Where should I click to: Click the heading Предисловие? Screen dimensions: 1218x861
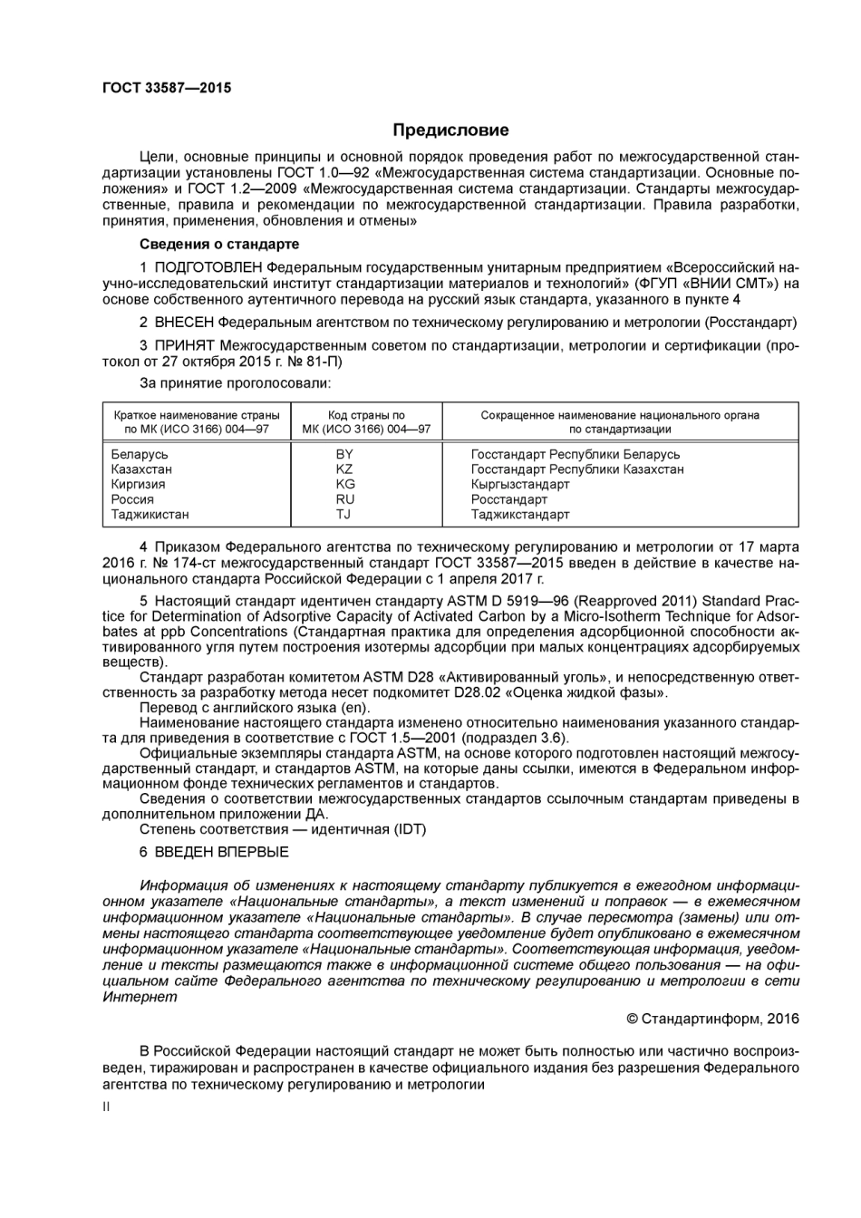pos(450,130)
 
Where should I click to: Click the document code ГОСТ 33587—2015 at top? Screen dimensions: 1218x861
pos(167,88)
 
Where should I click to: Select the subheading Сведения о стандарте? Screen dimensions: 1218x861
pos(219,244)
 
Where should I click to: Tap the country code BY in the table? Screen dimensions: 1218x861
pos(344,454)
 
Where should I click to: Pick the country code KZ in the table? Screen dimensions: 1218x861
pos(344,469)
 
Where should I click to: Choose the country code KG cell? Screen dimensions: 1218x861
pos(344,484)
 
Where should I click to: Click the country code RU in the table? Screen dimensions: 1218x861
pos(344,499)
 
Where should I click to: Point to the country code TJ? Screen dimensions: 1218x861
pos(343,514)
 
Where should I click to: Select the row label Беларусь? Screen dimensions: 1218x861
pos(140,454)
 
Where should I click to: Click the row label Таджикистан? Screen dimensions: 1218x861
pos(150,514)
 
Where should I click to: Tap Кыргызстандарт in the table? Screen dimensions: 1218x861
pos(520,484)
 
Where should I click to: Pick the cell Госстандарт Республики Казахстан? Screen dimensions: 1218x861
pos(577,469)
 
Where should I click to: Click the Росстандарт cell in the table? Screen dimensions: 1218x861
pos(509,499)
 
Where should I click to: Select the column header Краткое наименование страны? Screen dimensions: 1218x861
pos(197,415)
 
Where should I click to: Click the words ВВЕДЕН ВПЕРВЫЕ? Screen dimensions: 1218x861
pos(222,852)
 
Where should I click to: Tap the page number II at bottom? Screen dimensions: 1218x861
pos(106,1107)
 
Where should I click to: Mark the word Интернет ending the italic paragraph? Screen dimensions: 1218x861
pos(140,997)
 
